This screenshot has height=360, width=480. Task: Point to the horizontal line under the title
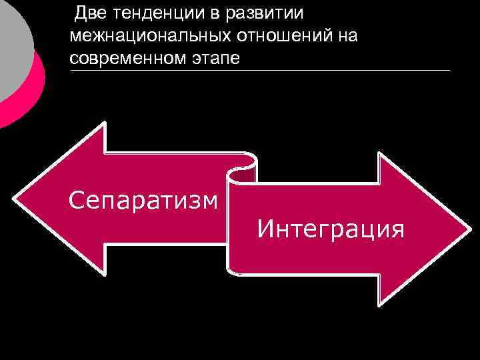point(260,70)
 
